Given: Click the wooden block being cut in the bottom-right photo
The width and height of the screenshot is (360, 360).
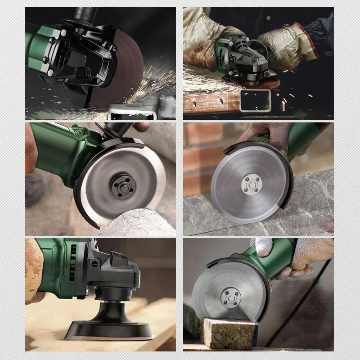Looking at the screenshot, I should click(229, 333).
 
